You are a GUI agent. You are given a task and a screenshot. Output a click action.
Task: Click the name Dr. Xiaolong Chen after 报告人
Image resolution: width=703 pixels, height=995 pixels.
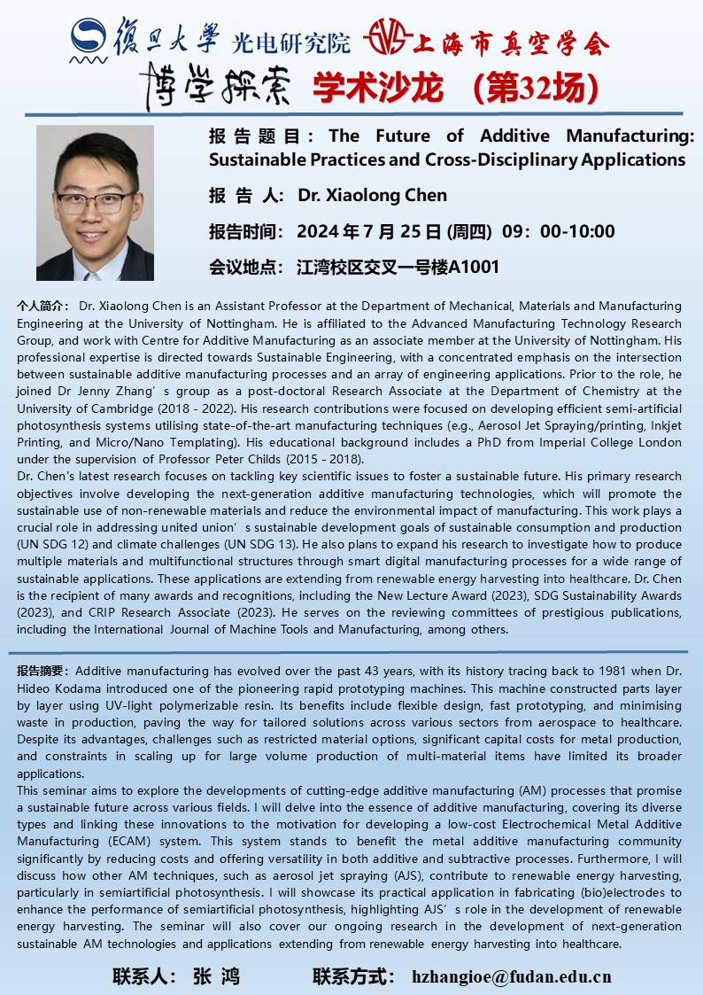(373, 195)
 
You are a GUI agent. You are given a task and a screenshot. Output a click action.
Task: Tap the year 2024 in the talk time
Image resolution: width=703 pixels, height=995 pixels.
(317, 232)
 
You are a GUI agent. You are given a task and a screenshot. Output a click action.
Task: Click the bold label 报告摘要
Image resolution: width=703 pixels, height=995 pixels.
(45, 672)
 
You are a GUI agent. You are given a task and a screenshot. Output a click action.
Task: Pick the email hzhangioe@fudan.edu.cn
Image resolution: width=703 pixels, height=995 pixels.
(512, 977)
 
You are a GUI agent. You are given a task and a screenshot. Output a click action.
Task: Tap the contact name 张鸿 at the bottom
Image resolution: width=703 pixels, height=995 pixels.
(215, 977)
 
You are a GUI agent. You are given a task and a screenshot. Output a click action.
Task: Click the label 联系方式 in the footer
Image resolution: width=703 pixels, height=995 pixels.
(353, 977)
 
